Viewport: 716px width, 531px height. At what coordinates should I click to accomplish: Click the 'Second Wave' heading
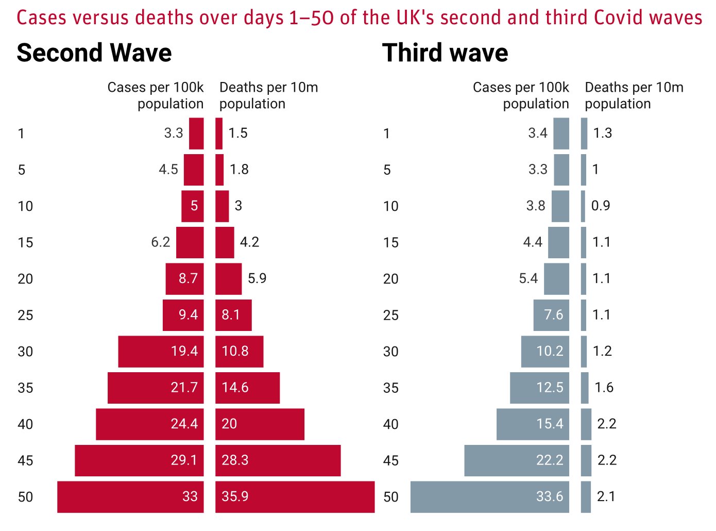pyautogui.click(x=94, y=53)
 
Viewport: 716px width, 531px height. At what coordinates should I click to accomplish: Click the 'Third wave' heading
pyautogui.click(x=445, y=53)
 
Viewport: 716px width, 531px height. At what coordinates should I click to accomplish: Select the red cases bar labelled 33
pyautogui.click(x=130, y=497)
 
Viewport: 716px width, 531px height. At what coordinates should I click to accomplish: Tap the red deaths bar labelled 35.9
pyautogui.click(x=295, y=497)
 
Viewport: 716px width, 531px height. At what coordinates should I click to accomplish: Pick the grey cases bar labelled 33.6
pyautogui.click(x=489, y=497)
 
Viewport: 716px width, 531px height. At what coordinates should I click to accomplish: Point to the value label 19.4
pyautogui.click(x=184, y=352)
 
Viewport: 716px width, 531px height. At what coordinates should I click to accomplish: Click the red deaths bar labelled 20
pyautogui.click(x=260, y=424)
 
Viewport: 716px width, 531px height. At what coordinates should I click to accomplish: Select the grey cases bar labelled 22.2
pyautogui.click(x=516, y=460)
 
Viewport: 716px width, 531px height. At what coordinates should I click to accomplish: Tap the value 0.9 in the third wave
pyautogui.click(x=601, y=206)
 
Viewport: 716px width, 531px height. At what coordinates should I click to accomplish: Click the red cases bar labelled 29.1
pyautogui.click(x=139, y=460)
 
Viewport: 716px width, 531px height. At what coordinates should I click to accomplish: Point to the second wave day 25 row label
pyautogui.click(x=25, y=315)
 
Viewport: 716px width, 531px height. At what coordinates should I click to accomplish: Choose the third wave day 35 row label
pyautogui.click(x=391, y=388)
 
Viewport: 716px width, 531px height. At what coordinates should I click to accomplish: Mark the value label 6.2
pyautogui.click(x=161, y=242)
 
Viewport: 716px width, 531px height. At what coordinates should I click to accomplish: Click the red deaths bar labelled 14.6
pyautogui.click(x=247, y=388)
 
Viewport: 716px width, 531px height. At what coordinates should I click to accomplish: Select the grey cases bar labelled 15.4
pyautogui.click(x=533, y=424)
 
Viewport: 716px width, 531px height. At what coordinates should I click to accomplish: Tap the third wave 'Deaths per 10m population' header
pyautogui.click(x=634, y=95)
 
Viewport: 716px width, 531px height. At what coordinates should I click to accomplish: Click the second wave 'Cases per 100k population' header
pyautogui.click(x=156, y=95)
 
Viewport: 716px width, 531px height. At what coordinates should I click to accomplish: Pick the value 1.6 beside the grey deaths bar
pyautogui.click(x=604, y=388)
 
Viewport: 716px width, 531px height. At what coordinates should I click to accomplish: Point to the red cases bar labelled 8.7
pyautogui.click(x=184, y=279)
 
